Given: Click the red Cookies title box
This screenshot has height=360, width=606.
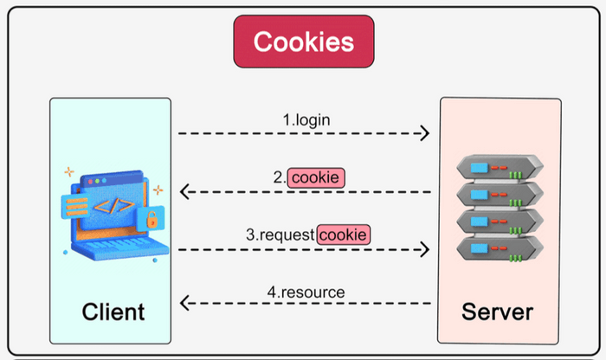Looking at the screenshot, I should pos(303,42).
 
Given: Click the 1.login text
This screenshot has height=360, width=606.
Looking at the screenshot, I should pos(309,119).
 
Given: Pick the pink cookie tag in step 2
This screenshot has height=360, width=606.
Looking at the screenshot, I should pos(317,177).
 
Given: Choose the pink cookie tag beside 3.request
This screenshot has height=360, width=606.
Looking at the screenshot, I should pos(345,235).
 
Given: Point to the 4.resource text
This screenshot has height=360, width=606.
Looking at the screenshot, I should pos(306,292).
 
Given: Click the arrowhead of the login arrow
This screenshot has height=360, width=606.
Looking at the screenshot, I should pos(423,133).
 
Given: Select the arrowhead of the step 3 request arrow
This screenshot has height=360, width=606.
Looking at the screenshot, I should pos(423,249).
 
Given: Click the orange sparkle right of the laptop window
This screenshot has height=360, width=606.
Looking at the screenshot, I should pos(158,190).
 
